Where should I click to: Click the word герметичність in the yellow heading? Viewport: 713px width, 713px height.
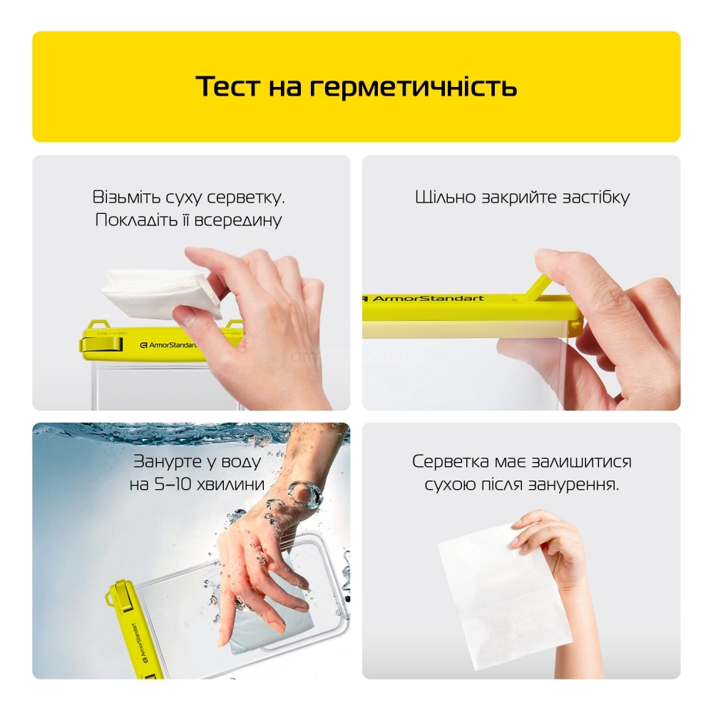click(x=413, y=87)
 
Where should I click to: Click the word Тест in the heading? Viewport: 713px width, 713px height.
click(x=228, y=86)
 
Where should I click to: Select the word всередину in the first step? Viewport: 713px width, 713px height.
click(x=238, y=220)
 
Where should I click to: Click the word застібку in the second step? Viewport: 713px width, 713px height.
click(x=596, y=198)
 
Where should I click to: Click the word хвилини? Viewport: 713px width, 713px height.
click(x=230, y=485)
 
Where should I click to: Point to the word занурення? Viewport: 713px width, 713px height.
click(x=574, y=485)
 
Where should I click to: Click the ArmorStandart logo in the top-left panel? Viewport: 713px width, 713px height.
click(x=168, y=345)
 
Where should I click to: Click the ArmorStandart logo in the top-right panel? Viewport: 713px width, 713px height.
click(x=423, y=298)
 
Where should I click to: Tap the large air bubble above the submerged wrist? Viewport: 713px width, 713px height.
click(x=306, y=494)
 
